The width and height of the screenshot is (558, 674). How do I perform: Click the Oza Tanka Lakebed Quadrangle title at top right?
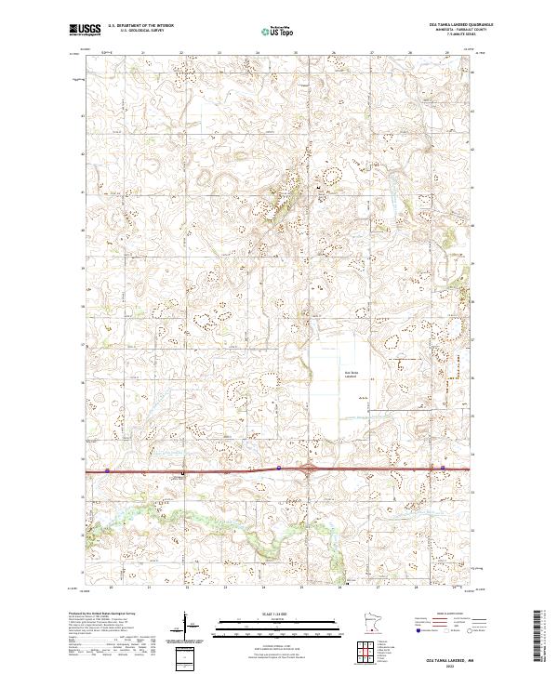[x=459, y=24]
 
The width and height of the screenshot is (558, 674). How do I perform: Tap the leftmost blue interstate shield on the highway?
[x=107, y=470]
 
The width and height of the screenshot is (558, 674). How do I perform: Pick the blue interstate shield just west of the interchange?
[x=279, y=469]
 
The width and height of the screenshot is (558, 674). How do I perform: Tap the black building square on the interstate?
[x=182, y=472]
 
